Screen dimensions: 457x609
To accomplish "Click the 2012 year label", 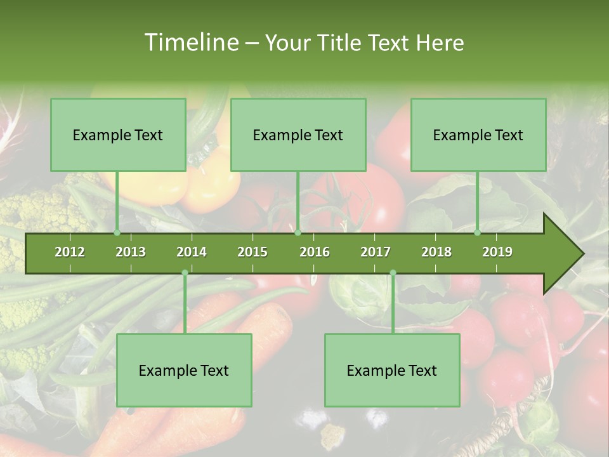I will (70, 252).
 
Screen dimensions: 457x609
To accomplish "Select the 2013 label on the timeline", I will (131, 252).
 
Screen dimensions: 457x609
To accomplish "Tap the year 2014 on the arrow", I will (192, 252).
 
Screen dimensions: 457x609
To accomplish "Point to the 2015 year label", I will (252, 252).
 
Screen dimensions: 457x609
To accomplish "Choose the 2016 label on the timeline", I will (315, 252).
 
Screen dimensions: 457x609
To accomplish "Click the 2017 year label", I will (376, 252).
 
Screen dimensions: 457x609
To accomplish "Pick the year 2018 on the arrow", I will (436, 252).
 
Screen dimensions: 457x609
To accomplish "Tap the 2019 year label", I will (497, 252).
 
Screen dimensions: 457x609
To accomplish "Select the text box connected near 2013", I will (118, 135).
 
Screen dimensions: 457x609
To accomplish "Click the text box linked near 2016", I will (298, 135).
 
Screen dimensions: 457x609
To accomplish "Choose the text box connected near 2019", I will (478, 135).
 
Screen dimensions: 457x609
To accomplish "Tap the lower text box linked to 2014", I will (184, 370).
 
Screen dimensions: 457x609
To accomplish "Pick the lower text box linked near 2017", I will (392, 370).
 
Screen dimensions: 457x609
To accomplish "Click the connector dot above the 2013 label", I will (117, 233).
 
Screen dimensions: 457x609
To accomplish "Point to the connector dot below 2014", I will (185, 273).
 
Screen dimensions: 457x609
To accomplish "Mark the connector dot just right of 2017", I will (393, 273).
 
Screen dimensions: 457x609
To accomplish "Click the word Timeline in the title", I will (190, 43).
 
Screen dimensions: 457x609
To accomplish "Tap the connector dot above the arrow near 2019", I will (477, 233).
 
